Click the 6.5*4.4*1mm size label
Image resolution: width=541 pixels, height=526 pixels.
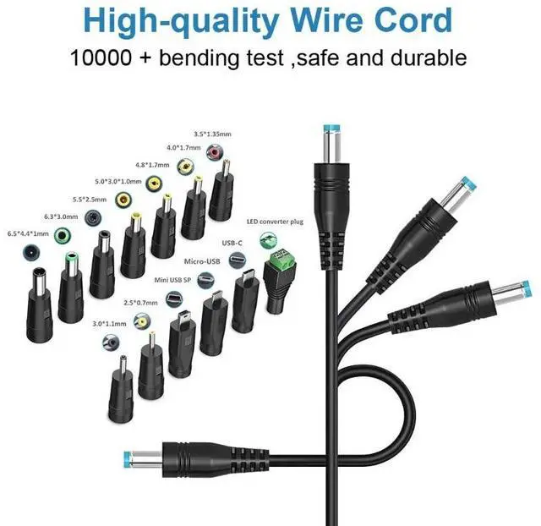click(27, 233)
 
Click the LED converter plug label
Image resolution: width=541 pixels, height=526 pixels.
click(276, 222)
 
